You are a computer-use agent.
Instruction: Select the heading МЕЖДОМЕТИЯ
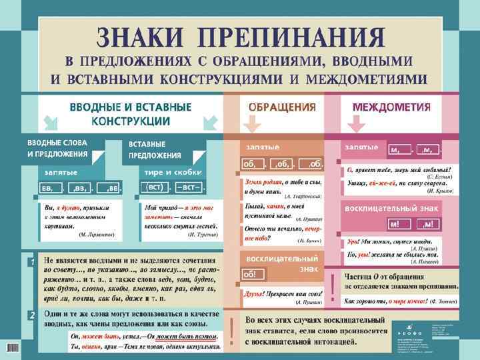tap(391, 107)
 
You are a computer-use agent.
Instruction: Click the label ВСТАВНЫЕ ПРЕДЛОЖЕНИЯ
tap(154, 150)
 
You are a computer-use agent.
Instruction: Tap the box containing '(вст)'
tap(153, 187)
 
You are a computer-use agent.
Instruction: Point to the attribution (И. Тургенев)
tap(200, 235)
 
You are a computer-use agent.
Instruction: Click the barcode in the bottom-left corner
tap(12, 347)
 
